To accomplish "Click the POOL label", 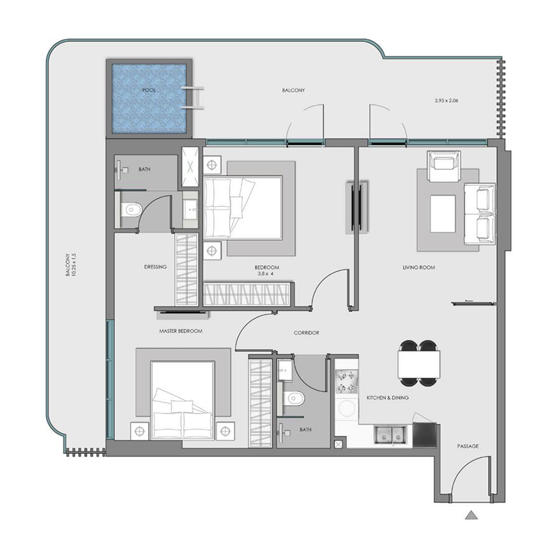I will [x=149, y=91].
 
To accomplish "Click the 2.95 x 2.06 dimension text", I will [x=448, y=101].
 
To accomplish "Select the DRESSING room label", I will [x=155, y=266].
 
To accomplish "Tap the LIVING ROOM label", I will [x=418, y=267].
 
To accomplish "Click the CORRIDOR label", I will [x=306, y=334].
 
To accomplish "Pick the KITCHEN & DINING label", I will [x=387, y=398].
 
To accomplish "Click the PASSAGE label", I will [x=467, y=446].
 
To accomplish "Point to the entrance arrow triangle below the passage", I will [x=471, y=516].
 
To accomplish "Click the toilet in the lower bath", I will [x=295, y=399].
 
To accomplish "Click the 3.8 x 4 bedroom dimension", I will [x=267, y=275].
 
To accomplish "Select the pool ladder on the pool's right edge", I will [x=194, y=97].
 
